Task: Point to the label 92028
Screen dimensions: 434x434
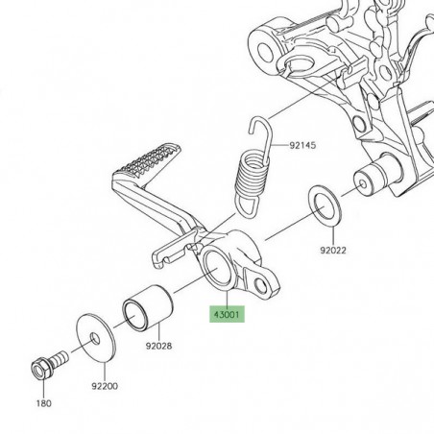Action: click(x=159, y=346)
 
